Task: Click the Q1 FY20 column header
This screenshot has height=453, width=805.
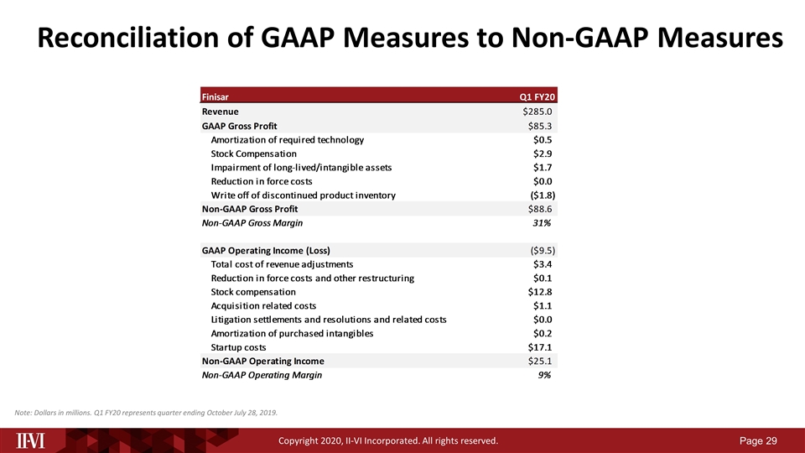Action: pyautogui.click(x=538, y=97)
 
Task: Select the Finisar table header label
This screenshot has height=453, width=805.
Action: pyautogui.click(x=216, y=97)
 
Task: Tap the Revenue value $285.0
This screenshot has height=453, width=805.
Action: pyautogui.click(x=538, y=112)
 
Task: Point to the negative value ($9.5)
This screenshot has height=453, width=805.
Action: pyautogui.click(x=543, y=250)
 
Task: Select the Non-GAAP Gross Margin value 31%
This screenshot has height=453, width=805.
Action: pyautogui.click(x=542, y=223)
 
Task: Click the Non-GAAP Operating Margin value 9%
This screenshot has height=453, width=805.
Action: pyautogui.click(x=544, y=375)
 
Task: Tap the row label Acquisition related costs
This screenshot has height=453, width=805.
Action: pyautogui.click(x=263, y=305)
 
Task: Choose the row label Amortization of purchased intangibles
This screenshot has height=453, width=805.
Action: pyautogui.click(x=292, y=333)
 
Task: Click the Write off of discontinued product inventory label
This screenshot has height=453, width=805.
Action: pyautogui.click(x=303, y=195)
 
